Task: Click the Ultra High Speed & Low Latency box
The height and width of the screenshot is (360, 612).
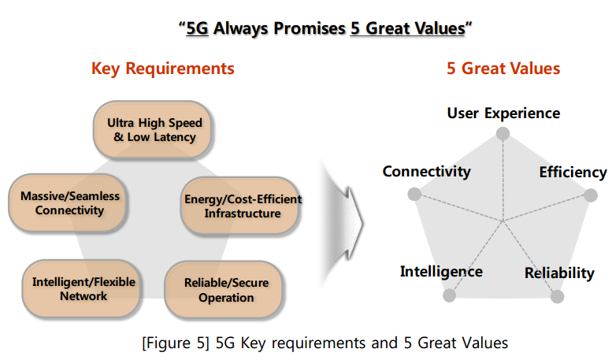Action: [x=152, y=130]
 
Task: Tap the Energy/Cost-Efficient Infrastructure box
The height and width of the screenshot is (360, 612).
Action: [x=239, y=206]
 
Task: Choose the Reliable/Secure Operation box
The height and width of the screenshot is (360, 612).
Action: [x=224, y=290]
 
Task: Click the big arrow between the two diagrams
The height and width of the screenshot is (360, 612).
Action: [x=343, y=224]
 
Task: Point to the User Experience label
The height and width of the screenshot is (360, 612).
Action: [x=503, y=113]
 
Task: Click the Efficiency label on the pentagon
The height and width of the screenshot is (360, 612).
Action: [x=573, y=173]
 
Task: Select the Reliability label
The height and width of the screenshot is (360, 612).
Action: [x=559, y=273]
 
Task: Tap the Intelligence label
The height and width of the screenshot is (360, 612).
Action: [x=441, y=272]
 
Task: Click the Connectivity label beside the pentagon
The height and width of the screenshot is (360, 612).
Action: [x=427, y=172]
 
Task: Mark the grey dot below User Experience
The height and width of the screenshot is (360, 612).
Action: [x=503, y=134]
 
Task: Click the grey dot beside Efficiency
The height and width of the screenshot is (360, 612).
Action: [x=591, y=195]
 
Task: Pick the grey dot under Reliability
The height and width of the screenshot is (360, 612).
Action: [x=558, y=297]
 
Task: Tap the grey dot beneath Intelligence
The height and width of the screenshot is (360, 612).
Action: [x=449, y=295]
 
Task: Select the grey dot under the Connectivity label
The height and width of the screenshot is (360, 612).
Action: [x=414, y=194]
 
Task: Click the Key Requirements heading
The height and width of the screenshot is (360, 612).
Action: [x=163, y=69]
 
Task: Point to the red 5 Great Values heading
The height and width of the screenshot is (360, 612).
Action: [x=503, y=69]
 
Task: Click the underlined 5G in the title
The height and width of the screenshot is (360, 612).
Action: [x=197, y=28]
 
